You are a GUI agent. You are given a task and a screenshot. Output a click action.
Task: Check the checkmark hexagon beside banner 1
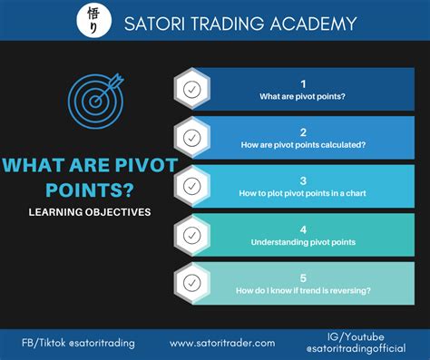point(191,89)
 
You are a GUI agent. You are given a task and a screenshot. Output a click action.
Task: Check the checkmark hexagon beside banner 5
point(191,283)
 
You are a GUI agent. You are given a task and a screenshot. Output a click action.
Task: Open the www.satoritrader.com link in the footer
point(221,343)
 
